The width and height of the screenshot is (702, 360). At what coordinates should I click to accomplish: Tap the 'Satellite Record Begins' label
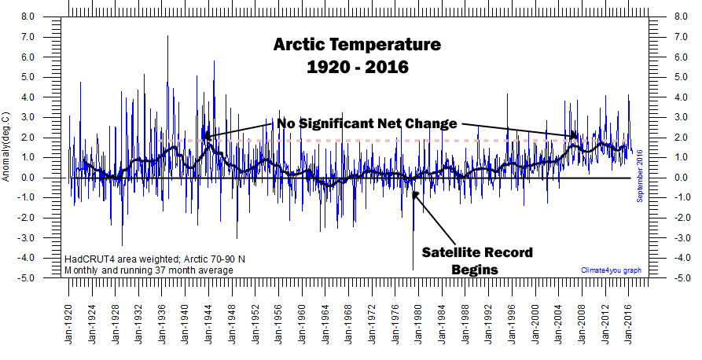pos(476,260)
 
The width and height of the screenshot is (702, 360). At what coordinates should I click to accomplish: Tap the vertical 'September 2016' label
pos(640,175)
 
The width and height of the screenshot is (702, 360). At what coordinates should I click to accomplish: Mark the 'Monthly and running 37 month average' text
pos(149,270)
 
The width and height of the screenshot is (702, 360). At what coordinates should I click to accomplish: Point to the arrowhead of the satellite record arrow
pos(414,192)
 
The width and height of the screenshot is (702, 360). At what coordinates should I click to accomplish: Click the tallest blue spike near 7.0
pos(167,38)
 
